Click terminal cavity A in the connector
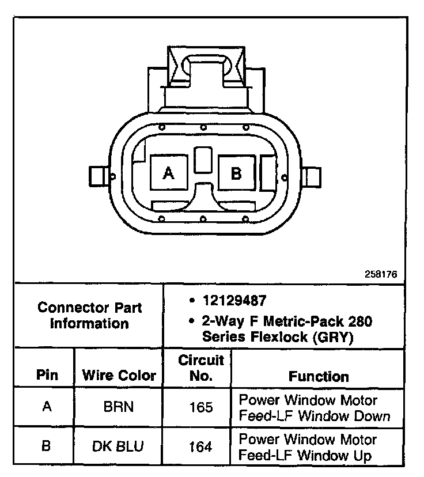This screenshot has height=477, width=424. pyautogui.click(x=168, y=172)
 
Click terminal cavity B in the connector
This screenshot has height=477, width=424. pyautogui.click(x=236, y=172)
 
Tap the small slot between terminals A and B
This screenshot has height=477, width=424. pyautogui.click(x=202, y=160)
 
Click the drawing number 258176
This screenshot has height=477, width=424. pyautogui.click(x=381, y=274)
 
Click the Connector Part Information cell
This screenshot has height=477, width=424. pyautogui.click(x=89, y=315)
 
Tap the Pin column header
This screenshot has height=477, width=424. pyautogui.click(x=47, y=376)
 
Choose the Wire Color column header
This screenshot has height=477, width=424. pyautogui.click(x=119, y=376)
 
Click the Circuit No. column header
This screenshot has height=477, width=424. pyautogui.click(x=200, y=369)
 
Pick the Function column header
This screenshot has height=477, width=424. pyautogui.click(x=319, y=377)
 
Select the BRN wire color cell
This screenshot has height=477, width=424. pyautogui.click(x=119, y=407)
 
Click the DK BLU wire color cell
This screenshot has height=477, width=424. pyautogui.click(x=119, y=446)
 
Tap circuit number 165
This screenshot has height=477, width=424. pyautogui.click(x=200, y=407)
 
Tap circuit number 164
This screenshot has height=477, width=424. pyautogui.click(x=200, y=446)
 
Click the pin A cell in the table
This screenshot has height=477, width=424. pyautogui.click(x=47, y=407)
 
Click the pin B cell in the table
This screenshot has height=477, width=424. pyautogui.click(x=47, y=446)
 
